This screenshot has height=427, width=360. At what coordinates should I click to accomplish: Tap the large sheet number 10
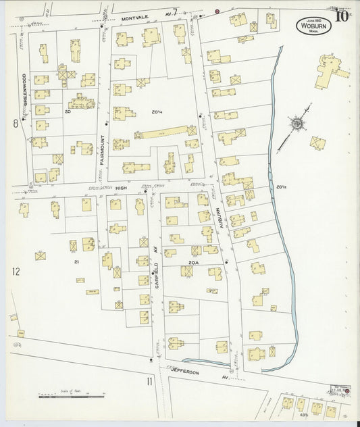click(x=340, y=16)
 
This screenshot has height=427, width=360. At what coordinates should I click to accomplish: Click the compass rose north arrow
click(x=297, y=124)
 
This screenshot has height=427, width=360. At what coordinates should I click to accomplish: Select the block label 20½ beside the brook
click(x=280, y=186)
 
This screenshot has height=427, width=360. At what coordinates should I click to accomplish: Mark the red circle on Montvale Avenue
click(x=217, y=11)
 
